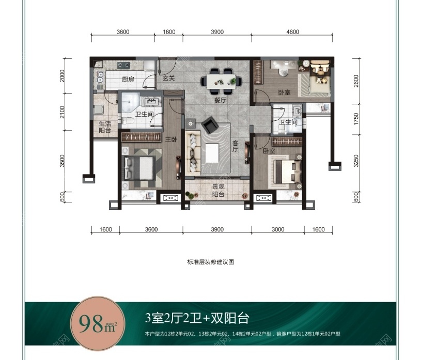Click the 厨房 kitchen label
[129, 80]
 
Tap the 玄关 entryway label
[168, 79]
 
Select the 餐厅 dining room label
[221, 100]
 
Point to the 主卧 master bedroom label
[171, 139]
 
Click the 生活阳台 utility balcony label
[105, 128]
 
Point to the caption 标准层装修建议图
[211, 262]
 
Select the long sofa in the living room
[193, 153]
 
